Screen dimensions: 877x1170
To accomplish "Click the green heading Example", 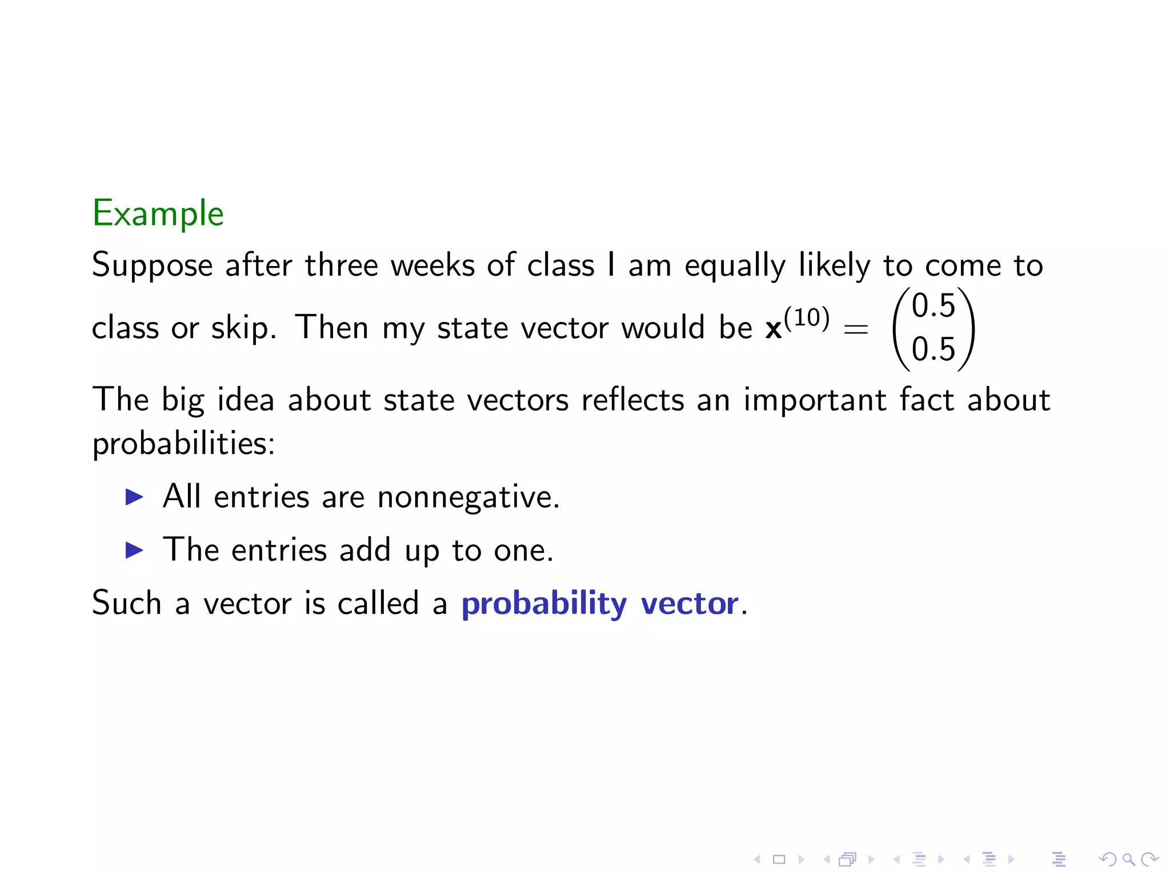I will tap(158, 214).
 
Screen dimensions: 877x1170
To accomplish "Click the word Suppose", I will tap(152, 265).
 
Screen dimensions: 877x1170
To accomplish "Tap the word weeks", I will tap(432, 265).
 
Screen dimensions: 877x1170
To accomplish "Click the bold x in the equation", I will tap(774, 329).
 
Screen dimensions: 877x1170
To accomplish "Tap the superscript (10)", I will tap(807, 317).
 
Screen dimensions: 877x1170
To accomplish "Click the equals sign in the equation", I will tap(856, 329).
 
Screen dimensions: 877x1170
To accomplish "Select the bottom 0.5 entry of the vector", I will tap(933, 349).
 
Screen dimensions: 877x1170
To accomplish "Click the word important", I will tap(815, 400).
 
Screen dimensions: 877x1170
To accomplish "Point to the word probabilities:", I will tap(183, 444).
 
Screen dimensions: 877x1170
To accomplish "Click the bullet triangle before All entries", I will tap(134, 497).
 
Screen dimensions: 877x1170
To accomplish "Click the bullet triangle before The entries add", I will tap(134, 550).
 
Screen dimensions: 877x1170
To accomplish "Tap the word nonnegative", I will tap(468, 497).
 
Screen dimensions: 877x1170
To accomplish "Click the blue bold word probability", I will tap(544, 604).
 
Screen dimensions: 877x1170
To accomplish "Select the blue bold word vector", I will tap(690, 604).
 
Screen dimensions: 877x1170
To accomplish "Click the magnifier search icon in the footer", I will tap(1128, 859).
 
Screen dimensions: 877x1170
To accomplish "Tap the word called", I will tap(378, 603).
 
